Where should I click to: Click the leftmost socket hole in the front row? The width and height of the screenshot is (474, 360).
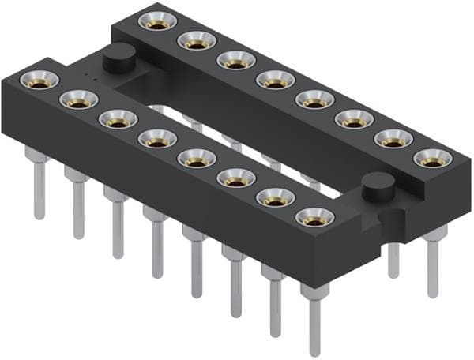pos(39,79)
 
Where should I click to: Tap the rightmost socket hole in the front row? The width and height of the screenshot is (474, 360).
pos(314,216)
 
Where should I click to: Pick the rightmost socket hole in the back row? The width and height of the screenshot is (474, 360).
pos(432,158)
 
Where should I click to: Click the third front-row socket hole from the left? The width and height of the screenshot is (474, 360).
pos(118,118)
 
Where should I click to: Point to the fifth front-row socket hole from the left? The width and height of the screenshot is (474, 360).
pos(197,157)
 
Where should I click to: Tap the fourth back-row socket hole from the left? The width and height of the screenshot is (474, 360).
pos(275,79)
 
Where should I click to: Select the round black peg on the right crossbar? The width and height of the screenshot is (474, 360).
pos(378,186)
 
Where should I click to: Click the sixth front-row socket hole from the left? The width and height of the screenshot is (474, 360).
pos(236,177)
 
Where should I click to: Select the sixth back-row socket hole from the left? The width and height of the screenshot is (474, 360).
pos(354,118)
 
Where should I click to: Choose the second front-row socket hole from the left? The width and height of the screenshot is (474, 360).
pos(78,99)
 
